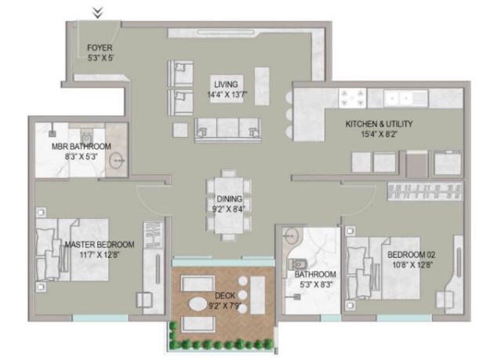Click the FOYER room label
tap(100, 48)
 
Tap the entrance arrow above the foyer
tap(98, 13)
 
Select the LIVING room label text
tap(226, 85)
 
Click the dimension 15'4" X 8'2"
tap(379, 134)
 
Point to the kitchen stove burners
tap(352, 98)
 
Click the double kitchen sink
tap(399, 99)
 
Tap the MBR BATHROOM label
tap(82, 147)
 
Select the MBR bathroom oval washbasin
tap(117, 161)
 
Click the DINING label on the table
tap(230, 198)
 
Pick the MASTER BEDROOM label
tap(100, 245)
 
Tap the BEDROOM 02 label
tap(411, 255)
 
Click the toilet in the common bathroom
tap(298, 264)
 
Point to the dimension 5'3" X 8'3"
tap(316, 285)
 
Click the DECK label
tap(225, 296)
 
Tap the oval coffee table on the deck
tap(198, 304)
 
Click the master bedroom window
tap(100, 318)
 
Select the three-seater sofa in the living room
tap(228, 129)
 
